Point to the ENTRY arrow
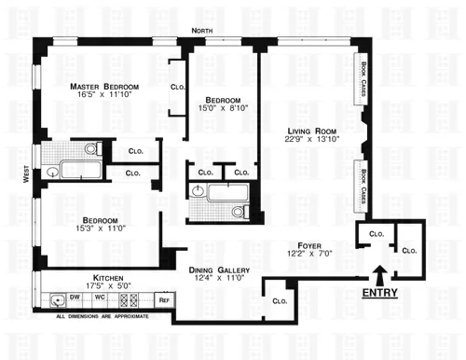click(x=380, y=275)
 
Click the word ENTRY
click(x=381, y=293)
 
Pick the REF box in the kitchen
click(x=163, y=300)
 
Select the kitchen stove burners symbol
click(x=129, y=301)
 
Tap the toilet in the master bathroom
click(x=91, y=147)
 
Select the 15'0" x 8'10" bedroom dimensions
click(x=223, y=108)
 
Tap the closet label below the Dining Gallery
click(x=279, y=301)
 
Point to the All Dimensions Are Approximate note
click(x=103, y=318)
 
